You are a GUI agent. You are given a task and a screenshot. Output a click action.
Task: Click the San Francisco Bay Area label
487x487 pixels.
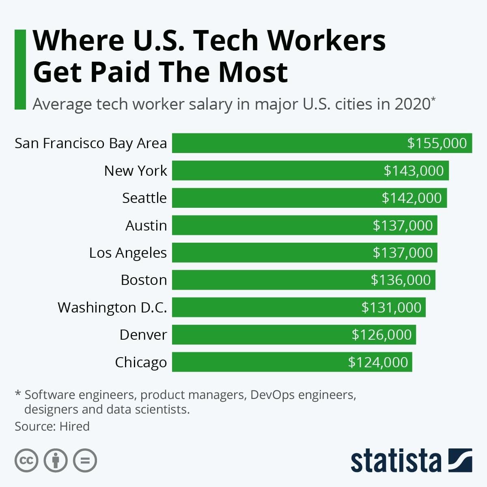pyautogui.click(x=91, y=143)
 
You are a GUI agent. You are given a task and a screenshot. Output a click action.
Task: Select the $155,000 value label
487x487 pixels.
pyautogui.click(x=437, y=143)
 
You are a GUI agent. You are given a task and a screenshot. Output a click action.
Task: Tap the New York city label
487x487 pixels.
pyautogui.click(x=135, y=171)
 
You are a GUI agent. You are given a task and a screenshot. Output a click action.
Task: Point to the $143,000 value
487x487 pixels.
pyautogui.click(x=414, y=171)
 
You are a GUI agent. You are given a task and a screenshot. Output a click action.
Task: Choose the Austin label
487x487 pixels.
pyautogui.click(x=146, y=225)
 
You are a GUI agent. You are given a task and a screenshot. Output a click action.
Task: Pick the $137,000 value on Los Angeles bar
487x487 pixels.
pyautogui.click(x=403, y=253)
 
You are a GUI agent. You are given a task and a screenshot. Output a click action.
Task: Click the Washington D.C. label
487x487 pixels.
pyautogui.click(x=112, y=308)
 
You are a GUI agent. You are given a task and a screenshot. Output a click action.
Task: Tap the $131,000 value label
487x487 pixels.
pyautogui.click(x=391, y=308)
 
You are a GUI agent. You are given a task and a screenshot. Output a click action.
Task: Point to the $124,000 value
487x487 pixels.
pyautogui.click(x=378, y=362)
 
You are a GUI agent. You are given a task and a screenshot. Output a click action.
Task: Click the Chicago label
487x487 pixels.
pyautogui.click(x=141, y=362)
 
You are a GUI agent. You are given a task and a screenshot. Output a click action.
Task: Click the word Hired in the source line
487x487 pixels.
pyautogui.click(x=74, y=427)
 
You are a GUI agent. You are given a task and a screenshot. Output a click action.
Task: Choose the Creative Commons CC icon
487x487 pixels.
pyautogui.click(x=26, y=461)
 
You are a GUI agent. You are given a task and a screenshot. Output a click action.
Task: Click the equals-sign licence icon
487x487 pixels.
pyautogui.click(x=85, y=461)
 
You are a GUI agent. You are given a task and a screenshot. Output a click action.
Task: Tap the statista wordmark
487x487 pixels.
pyautogui.click(x=396, y=461)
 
